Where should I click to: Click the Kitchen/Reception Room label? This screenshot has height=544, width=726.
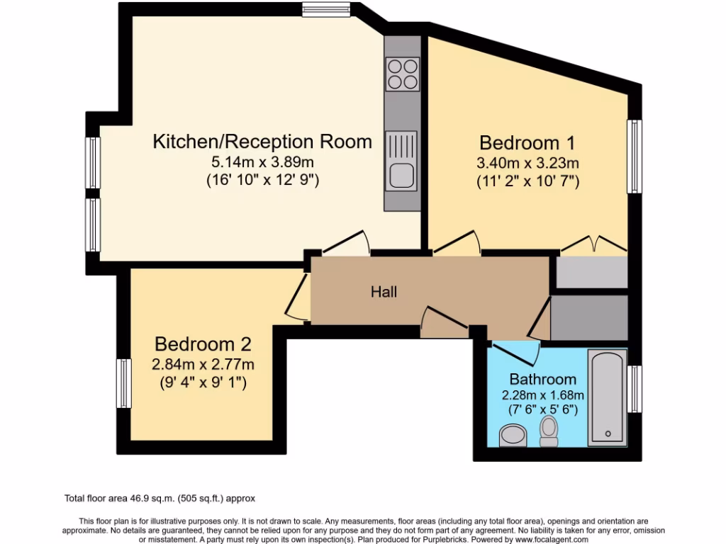(262, 141)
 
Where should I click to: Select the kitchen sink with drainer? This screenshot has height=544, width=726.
(402, 161)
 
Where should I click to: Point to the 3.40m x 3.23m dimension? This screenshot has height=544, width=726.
(527, 163)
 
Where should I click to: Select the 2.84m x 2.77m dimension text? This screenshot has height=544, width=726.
(203, 365)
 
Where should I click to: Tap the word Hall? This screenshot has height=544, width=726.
(384, 292)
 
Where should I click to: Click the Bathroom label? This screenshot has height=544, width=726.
(543, 379)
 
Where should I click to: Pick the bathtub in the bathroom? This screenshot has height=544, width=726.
(608, 397)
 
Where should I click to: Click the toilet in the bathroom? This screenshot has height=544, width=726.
(549, 431)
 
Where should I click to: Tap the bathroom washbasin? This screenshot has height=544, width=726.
(513, 434)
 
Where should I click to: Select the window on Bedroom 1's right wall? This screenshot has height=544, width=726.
(635, 156)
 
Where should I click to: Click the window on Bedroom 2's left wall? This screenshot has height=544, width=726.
(124, 383)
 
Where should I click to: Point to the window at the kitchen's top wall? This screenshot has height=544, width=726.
(326, 10)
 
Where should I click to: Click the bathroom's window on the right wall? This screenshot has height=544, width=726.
(635, 388)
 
